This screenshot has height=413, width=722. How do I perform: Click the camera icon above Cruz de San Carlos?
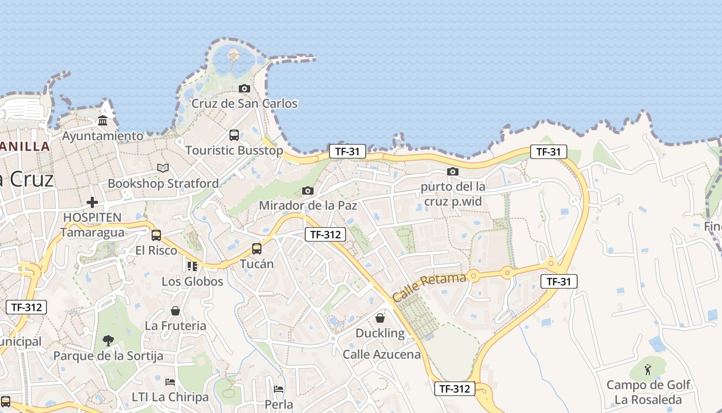[x=244, y=89]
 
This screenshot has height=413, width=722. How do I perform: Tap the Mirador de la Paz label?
[x=308, y=205]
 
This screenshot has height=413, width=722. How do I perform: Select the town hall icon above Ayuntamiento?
[x=103, y=121]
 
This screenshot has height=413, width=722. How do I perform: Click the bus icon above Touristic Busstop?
[x=234, y=135]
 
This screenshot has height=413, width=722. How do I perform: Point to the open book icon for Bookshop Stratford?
[x=163, y=168]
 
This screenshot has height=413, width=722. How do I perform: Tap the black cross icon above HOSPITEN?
[x=92, y=202]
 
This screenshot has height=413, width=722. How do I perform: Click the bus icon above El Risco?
[x=156, y=235]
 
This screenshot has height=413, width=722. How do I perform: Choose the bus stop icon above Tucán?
[x=257, y=249]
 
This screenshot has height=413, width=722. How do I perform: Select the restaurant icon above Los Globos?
[x=192, y=266]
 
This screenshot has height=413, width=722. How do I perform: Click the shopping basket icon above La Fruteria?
[x=175, y=311]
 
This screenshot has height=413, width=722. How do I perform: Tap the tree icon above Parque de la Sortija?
[x=108, y=341]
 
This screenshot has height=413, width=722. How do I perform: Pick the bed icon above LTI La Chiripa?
[x=170, y=382]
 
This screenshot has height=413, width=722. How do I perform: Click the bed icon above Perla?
[x=278, y=389]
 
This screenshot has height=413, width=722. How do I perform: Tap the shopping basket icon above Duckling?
[x=380, y=318]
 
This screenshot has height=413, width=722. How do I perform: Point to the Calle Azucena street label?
[x=382, y=355]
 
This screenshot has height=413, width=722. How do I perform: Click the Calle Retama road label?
[x=429, y=287]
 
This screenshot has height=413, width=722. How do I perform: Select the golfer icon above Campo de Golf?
[x=648, y=370]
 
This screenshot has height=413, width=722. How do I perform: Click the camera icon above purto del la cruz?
[x=453, y=171]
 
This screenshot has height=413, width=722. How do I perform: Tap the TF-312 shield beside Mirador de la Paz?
[x=325, y=234]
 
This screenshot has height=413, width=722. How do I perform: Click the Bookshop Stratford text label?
[x=163, y=183]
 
